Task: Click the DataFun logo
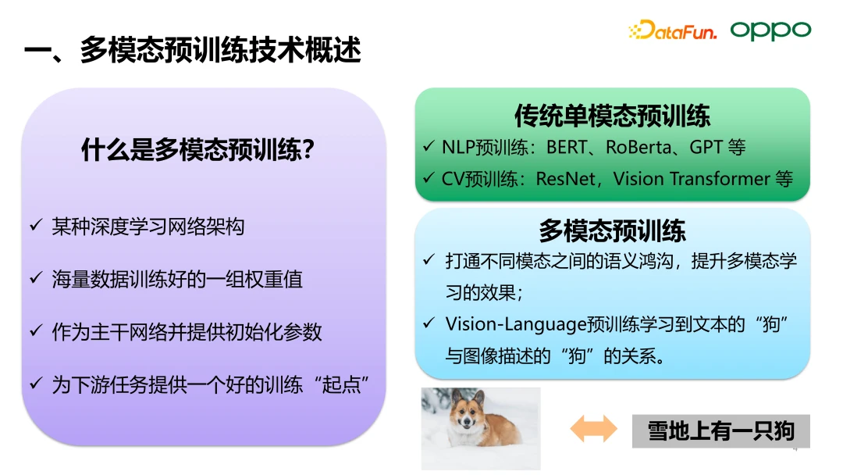(672, 30)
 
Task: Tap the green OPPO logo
(770, 30)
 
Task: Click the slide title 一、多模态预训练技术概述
(193, 50)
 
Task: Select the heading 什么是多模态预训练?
(197, 149)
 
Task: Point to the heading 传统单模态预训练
(613, 115)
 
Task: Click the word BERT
(567, 147)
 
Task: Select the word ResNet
(566, 179)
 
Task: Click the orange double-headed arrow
(593, 429)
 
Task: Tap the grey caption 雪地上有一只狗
(721, 431)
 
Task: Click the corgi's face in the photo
(466, 417)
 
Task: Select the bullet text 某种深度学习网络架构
(148, 227)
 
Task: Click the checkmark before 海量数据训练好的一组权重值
(36, 277)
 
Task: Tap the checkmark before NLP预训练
(429, 146)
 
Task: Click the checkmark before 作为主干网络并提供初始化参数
(36, 330)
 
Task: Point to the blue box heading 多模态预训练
(613, 230)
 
